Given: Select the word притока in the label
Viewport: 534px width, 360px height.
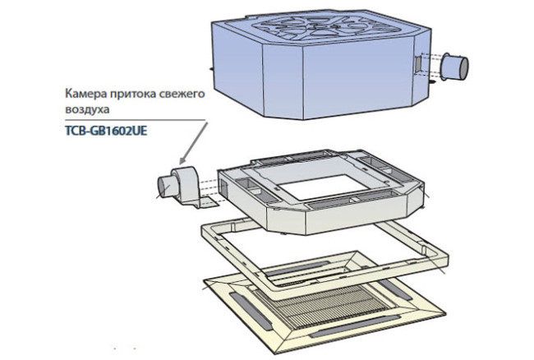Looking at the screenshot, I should [x=130, y=95].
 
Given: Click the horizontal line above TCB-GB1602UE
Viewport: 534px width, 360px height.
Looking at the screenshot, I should [x=131, y=118].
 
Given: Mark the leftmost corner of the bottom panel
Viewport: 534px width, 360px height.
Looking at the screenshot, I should [x=203, y=284].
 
